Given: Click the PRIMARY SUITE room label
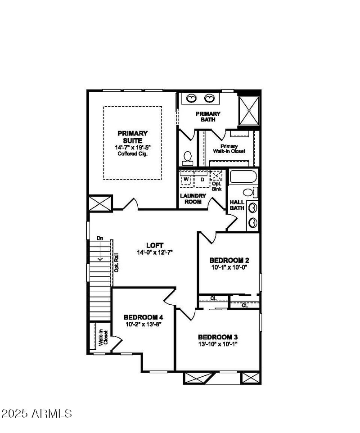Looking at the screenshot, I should point(132,137).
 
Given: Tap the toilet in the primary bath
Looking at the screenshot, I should point(187,157).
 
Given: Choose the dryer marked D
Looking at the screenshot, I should point(202,180).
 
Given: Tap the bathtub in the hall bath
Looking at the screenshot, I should point(243,176).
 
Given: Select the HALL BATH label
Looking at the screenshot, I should point(237,205).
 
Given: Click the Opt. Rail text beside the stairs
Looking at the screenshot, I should point(116,263).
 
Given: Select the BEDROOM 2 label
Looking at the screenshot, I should point(229,260).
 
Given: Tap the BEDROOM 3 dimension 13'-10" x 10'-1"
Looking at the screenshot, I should point(217,344).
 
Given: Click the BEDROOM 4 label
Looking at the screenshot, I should point(140,317).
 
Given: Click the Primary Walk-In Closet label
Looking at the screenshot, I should point(233,149).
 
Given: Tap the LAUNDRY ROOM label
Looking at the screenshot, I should point(193,198).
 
